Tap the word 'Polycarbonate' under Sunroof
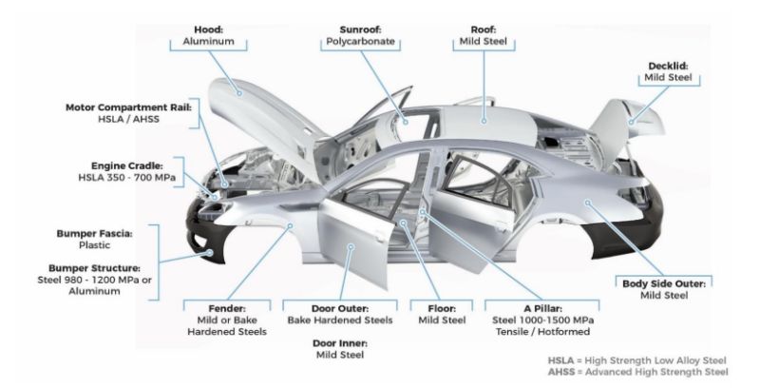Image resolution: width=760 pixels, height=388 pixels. tap(350, 42)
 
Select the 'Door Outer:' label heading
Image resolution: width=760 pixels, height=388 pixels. tap(338, 308)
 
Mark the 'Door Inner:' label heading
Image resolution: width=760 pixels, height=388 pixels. tap(338, 342)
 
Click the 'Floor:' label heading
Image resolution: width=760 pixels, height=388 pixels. tap(442, 308)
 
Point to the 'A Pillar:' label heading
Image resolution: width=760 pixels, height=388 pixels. tap(539, 308)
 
